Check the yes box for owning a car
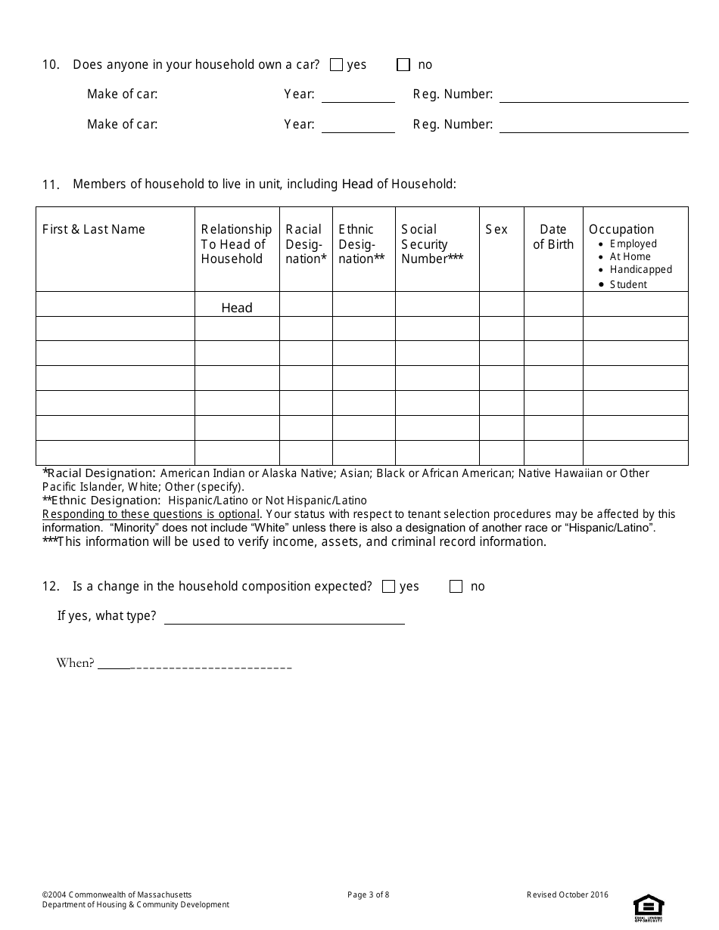pyautogui.click(x=337, y=65)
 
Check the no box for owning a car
pyautogui.click(x=403, y=65)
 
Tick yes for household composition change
pyautogui.click(x=389, y=587)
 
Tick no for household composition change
pyautogui.click(x=456, y=587)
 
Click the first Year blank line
pyautogui.click(x=358, y=97)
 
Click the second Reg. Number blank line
pyautogui.click(x=593, y=127)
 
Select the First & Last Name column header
pyautogui.click(x=94, y=229)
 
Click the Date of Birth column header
pyautogui.click(x=553, y=237)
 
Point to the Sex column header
pyautogui.click(x=496, y=229)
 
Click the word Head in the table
pyautogui.click(x=237, y=308)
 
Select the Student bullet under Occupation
pyautogui.click(x=628, y=284)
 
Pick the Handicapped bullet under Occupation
pyautogui.click(x=640, y=269)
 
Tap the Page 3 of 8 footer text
pyautogui.click(x=369, y=895)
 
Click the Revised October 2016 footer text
pyautogui.click(x=568, y=895)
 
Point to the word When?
pyautogui.click(x=75, y=663)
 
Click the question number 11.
pyautogui.click(x=50, y=184)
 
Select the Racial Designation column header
pyautogui.click(x=306, y=243)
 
